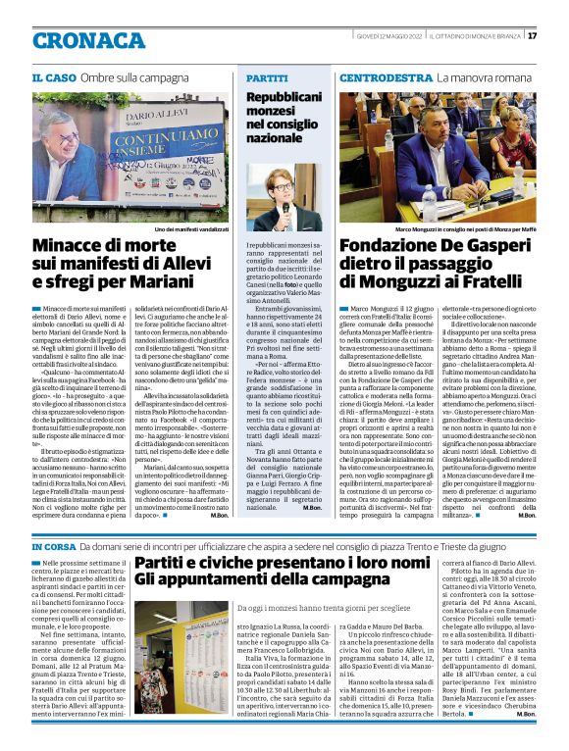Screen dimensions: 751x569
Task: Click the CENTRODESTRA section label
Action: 387,76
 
